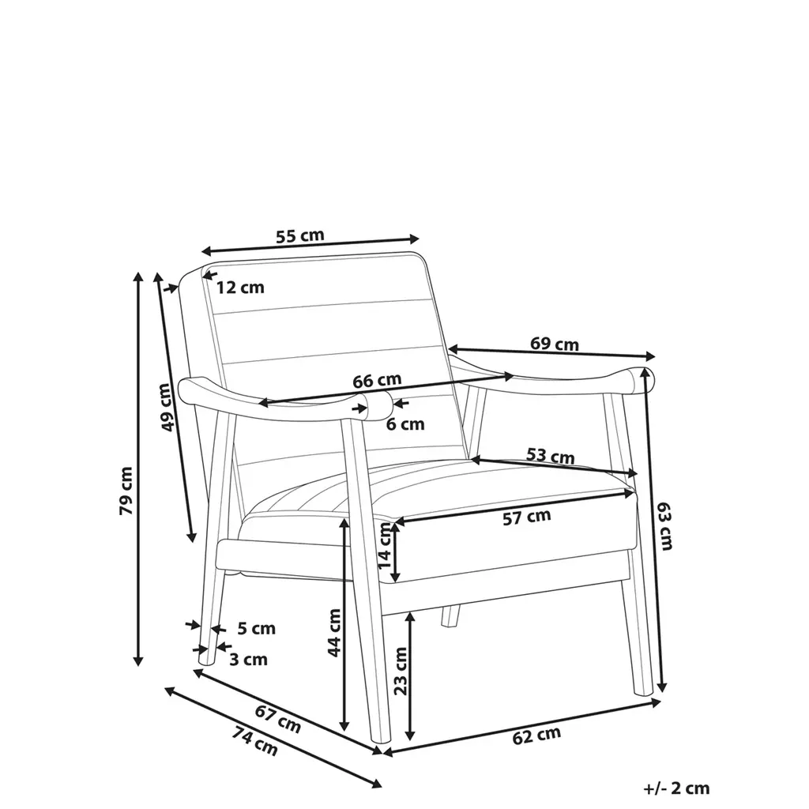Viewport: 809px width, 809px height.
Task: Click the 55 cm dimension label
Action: coord(299,235)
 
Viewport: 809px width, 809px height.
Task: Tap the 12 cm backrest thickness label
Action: coord(240,288)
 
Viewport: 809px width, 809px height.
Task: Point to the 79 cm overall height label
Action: coord(126,491)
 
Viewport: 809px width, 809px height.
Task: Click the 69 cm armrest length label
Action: coord(554,344)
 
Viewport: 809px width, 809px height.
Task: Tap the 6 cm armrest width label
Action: coord(405,424)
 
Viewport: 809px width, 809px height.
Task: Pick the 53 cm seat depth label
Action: coord(550,456)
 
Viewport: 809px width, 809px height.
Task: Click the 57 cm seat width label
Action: coord(527,517)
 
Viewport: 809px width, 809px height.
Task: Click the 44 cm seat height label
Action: coord(334,632)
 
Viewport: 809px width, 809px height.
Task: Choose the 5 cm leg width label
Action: coord(257,629)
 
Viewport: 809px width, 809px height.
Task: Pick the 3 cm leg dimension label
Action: coord(248,659)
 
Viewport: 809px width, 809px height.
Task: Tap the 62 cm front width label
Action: coord(536,736)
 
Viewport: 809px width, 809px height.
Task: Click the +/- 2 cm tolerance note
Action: coord(676,788)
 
